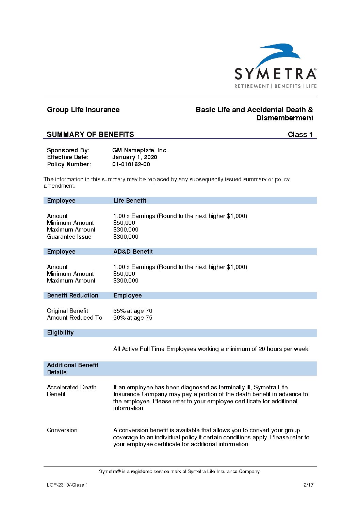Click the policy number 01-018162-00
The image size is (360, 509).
tap(131, 164)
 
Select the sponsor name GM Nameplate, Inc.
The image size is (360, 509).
tap(140, 150)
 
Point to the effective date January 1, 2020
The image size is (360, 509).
tap(134, 157)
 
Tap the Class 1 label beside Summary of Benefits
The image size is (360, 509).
tap(300, 134)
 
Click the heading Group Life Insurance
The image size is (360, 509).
tap(83, 110)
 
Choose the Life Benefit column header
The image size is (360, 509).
tap(130, 201)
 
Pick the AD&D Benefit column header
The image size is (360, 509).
tap(133, 252)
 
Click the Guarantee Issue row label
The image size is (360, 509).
tap(69, 237)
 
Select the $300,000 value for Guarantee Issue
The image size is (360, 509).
tap(126, 237)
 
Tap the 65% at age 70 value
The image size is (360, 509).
tap(133, 311)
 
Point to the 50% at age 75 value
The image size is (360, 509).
tap(133, 318)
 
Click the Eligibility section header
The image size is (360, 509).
tap(60, 333)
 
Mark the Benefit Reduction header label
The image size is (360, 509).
tap(72, 295)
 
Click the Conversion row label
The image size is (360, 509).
tap(62, 430)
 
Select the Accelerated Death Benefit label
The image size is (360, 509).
tap(71, 391)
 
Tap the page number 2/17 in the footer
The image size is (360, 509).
tap(308, 485)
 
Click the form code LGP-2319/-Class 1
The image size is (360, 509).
tap(67, 485)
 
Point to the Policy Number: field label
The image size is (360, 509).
tap(69, 164)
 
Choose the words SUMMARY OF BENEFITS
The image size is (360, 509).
tap(90, 134)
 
